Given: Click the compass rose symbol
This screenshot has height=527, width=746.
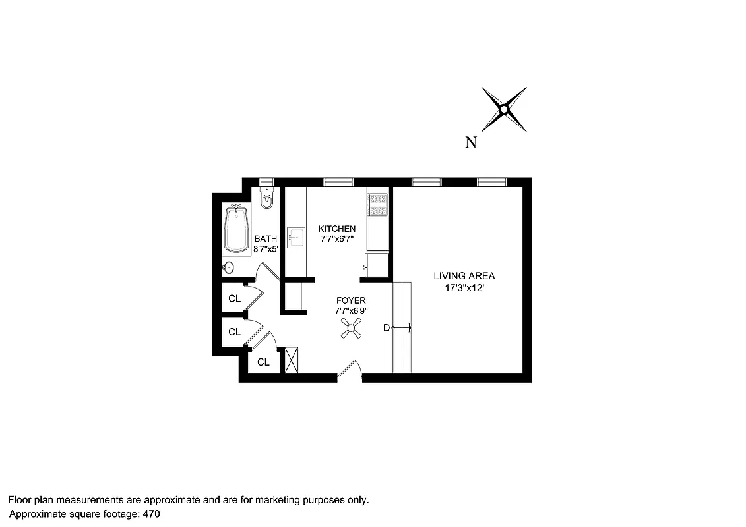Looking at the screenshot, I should point(504,109).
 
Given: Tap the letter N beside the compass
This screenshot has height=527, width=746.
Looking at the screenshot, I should point(471,142).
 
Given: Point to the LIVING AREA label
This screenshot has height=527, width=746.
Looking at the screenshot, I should point(464,276).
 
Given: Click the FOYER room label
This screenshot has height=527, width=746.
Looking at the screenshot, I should point(350,300).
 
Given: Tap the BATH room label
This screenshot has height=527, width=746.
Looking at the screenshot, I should point(266,239).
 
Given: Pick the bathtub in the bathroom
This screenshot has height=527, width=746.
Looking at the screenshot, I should point(236,229).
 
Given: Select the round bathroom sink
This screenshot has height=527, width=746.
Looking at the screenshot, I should point(228,267).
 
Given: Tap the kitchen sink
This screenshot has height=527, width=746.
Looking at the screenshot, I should point(296,236).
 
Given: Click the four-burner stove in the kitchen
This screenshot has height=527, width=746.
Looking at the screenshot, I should point(377,204).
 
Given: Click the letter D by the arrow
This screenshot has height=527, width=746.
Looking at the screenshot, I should point(387,327).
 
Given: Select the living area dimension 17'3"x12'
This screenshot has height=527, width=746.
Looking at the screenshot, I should point(464,287).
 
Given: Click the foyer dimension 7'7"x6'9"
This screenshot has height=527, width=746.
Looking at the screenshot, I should point(350,311).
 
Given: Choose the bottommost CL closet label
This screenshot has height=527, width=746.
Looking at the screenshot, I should point(263,362).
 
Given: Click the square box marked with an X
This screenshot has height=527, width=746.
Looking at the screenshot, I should point(292,360).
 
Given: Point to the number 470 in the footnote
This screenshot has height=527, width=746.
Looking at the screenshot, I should point(151,513).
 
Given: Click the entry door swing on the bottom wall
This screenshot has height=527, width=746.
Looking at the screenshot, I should point(350,370).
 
